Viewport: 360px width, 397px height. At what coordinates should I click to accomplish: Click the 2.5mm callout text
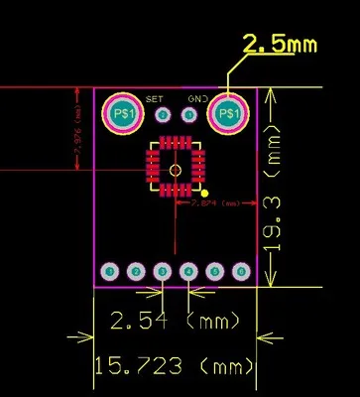coord(281,45)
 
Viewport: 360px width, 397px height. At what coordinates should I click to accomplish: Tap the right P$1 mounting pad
coord(229,115)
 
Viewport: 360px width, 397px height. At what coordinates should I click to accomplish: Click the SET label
coord(154,99)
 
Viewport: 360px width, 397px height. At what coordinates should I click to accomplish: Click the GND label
coord(197,99)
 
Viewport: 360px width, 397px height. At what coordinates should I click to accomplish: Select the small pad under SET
coord(162,115)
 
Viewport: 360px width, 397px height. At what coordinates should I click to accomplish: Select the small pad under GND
coord(188,115)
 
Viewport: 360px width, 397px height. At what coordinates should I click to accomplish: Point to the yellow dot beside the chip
coord(204,194)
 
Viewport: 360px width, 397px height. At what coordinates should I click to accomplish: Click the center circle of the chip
coord(176,169)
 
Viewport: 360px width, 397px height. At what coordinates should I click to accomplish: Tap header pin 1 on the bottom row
coord(111,271)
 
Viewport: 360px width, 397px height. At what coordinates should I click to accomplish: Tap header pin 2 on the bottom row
coord(137,271)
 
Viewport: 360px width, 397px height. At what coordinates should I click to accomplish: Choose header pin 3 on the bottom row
coord(163,271)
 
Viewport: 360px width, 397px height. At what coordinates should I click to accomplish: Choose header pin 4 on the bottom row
coord(188,271)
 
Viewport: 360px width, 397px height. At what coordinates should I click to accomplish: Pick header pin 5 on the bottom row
coord(214,271)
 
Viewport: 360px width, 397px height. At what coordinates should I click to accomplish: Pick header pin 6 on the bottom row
coord(240,271)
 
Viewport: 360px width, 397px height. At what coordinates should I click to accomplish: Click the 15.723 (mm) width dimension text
coord(173,366)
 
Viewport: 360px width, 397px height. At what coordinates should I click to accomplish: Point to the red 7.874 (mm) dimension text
coord(215,202)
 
